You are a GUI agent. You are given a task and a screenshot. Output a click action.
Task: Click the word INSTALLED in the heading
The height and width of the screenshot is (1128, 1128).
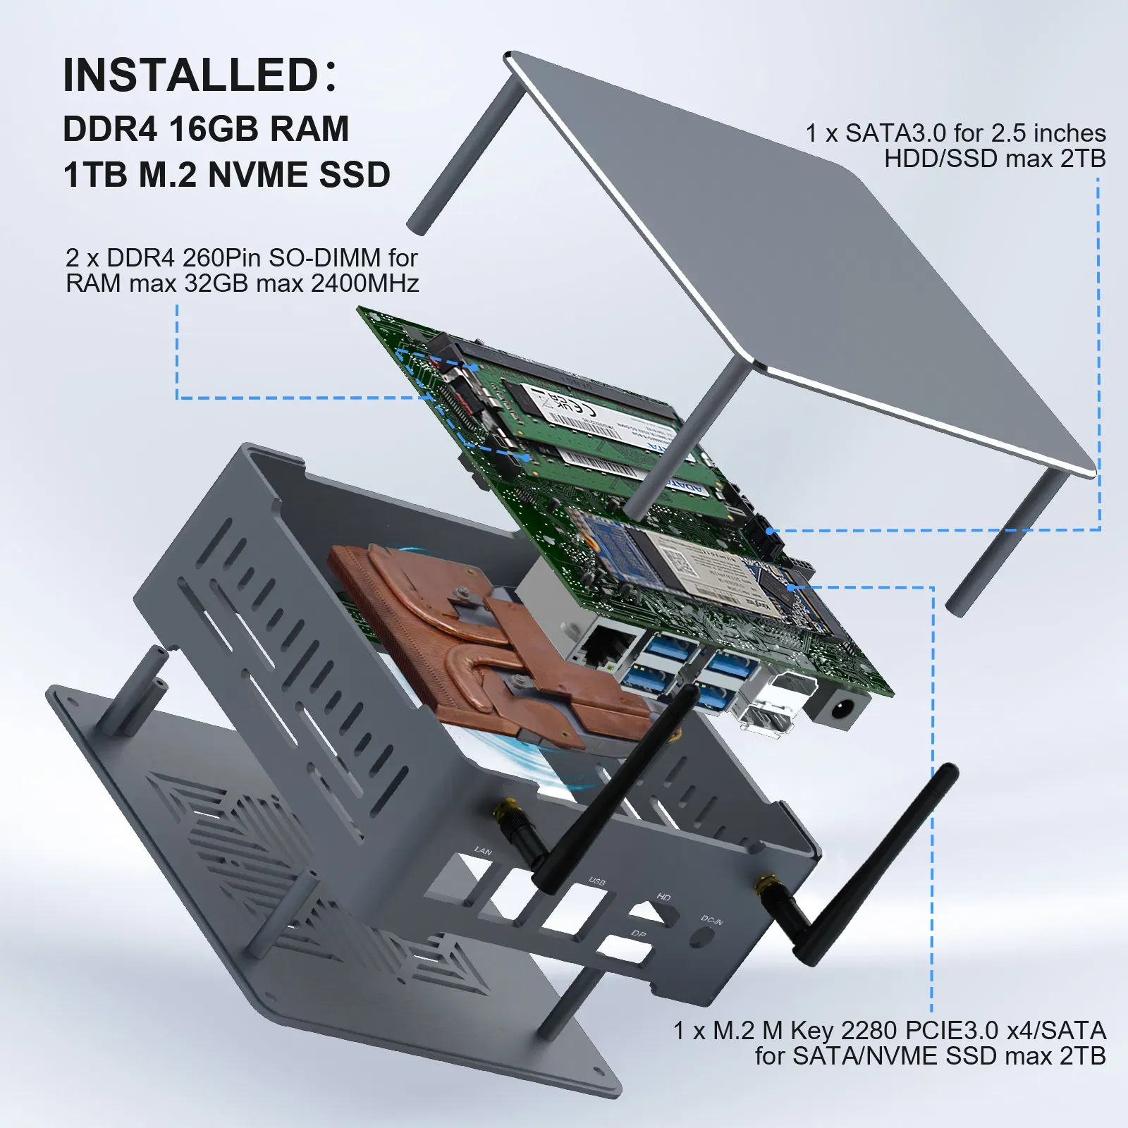click(x=190, y=75)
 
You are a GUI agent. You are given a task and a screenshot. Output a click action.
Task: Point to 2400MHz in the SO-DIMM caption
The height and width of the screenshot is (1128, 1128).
click(x=364, y=283)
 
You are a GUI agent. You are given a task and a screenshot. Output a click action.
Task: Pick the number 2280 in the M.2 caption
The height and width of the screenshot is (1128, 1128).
click(x=869, y=1031)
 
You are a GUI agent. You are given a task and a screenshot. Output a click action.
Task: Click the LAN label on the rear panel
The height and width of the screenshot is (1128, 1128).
click(x=483, y=851)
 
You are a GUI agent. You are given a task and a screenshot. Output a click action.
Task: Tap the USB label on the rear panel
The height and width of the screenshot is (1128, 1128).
click(x=597, y=882)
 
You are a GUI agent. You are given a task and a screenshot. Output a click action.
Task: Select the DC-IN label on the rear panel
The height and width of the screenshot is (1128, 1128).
click(x=711, y=920)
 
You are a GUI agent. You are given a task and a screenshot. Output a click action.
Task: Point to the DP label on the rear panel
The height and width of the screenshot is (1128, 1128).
click(x=638, y=934)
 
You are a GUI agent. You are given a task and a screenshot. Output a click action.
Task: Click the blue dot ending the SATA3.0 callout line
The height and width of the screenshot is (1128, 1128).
click(x=770, y=531)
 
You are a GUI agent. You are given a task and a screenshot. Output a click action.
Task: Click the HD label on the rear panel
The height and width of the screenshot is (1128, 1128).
click(x=663, y=897)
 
